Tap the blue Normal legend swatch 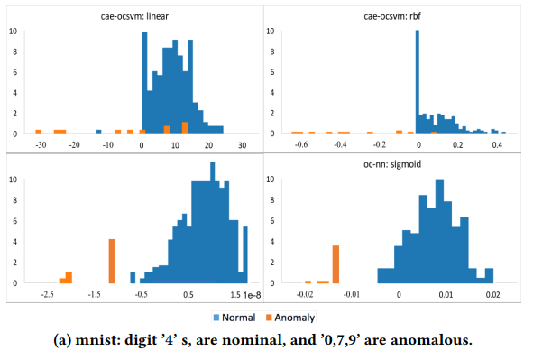coord(216,318)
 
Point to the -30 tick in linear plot coord(40,144)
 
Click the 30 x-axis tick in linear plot coord(242,144)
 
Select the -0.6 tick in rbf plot coord(302,144)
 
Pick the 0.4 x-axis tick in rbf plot coord(495,144)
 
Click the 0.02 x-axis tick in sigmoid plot coord(492,294)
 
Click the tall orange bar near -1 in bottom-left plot coord(111,262)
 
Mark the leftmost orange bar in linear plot coord(39,131)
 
